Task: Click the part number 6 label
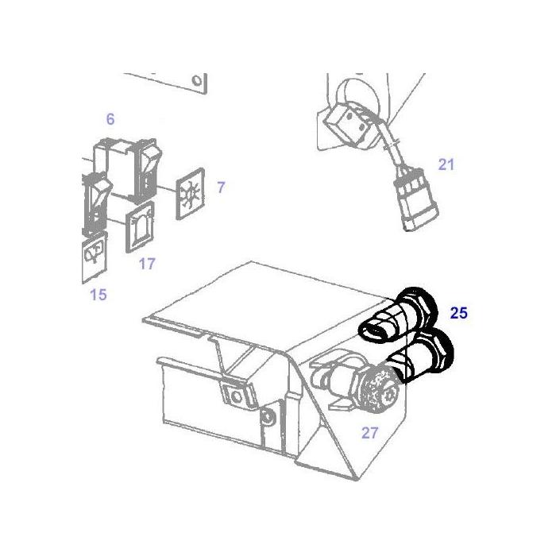click(x=110, y=119)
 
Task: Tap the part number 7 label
click(x=221, y=187)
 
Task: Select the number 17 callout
click(x=147, y=264)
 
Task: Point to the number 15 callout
click(x=98, y=295)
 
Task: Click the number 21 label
click(x=446, y=164)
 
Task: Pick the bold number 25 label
click(x=458, y=313)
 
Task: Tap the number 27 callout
click(x=369, y=433)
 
